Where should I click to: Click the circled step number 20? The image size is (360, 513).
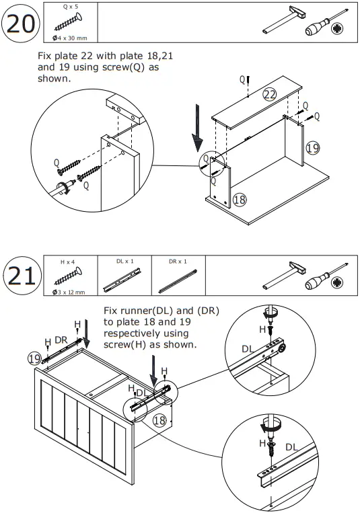(21, 24)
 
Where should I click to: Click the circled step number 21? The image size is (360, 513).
(22, 276)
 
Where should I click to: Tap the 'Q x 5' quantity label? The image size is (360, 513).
(71, 7)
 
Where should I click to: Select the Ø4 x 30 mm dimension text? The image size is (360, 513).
(70, 38)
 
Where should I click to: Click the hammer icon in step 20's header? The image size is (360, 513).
(284, 19)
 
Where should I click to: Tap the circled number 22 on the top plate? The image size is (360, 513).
(270, 95)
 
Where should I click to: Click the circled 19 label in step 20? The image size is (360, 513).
(312, 148)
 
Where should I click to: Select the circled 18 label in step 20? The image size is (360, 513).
(240, 199)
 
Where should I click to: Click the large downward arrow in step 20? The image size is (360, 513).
(198, 128)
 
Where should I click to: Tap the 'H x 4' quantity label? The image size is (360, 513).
(67, 262)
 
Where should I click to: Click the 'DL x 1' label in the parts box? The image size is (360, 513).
(124, 261)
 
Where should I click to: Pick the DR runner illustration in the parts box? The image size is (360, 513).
(178, 281)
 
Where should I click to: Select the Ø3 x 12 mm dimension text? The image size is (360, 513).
(69, 292)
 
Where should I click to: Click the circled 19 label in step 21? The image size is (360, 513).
(34, 358)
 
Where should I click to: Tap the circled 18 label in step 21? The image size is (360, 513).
(159, 420)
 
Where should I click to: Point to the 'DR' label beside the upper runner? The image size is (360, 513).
(61, 340)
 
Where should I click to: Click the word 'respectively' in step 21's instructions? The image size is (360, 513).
(146, 333)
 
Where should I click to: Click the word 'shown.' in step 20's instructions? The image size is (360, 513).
(55, 79)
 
